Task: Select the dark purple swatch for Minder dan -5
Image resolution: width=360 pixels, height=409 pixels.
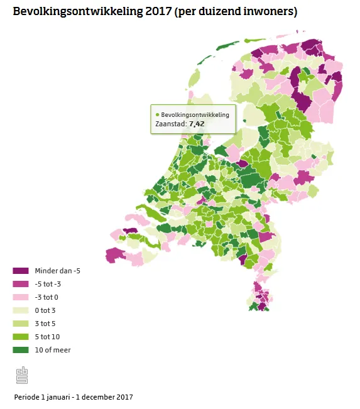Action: pyautogui.click(x=21, y=271)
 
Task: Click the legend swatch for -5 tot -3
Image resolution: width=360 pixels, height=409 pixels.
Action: pyautogui.click(x=21, y=284)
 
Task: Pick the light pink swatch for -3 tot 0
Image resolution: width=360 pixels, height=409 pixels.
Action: pyautogui.click(x=21, y=297)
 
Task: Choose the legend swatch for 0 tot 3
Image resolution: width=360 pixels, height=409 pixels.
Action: pyautogui.click(x=21, y=310)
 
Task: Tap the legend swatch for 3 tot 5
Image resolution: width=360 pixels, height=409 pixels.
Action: pyautogui.click(x=21, y=324)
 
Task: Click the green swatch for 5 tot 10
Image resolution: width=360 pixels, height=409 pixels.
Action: pyautogui.click(x=21, y=337)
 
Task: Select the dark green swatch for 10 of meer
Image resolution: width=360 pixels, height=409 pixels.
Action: pyautogui.click(x=21, y=350)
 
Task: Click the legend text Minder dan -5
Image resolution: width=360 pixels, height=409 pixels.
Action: pyautogui.click(x=58, y=271)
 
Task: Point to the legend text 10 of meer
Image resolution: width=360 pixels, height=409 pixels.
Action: pyautogui.click(x=53, y=350)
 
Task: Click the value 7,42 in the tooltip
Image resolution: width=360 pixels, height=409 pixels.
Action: pyautogui.click(x=197, y=124)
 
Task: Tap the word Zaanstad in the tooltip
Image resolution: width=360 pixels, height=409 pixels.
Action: pyautogui.click(x=170, y=124)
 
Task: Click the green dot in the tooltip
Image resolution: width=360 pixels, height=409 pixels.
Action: pyautogui.click(x=157, y=115)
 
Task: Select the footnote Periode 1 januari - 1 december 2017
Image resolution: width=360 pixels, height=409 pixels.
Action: pyautogui.click(x=74, y=397)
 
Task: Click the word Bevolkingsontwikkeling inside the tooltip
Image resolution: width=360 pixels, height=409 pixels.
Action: pyautogui.click(x=195, y=115)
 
